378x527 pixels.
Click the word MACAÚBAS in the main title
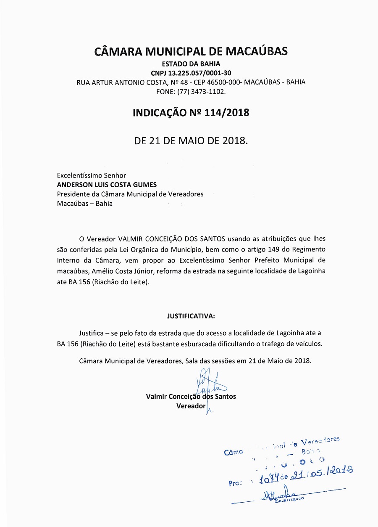[257, 51]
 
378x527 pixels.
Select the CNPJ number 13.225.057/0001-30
[199, 73]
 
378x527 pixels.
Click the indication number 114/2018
[227, 113]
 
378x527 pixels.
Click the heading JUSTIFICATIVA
[191, 315]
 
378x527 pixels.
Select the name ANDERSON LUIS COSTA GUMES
[107, 185]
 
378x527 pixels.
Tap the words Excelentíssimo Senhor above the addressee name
[92, 175]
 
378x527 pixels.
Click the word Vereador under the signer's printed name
[191, 406]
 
